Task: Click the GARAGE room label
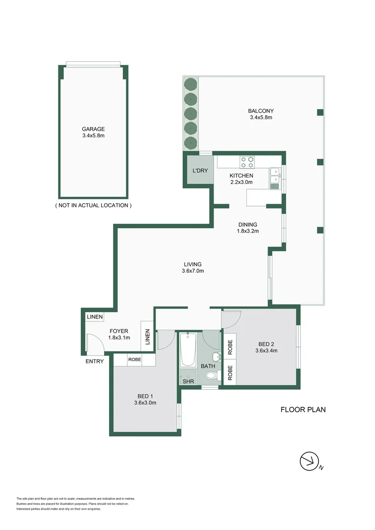click(x=93, y=129)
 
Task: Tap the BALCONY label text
click(x=261, y=111)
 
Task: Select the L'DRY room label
click(x=200, y=171)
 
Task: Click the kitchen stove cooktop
click(x=247, y=162)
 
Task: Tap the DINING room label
click(x=248, y=224)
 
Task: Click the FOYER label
click(x=119, y=331)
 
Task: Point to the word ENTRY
click(x=95, y=361)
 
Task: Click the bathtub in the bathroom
click(x=188, y=350)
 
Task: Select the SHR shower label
click(x=188, y=381)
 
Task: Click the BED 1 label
click(x=145, y=396)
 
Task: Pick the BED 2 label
click(x=266, y=344)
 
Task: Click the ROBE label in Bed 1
click(x=134, y=359)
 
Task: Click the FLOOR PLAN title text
click(x=303, y=410)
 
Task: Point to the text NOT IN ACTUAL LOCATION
click(x=93, y=205)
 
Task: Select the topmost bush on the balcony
click(x=191, y=84)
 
